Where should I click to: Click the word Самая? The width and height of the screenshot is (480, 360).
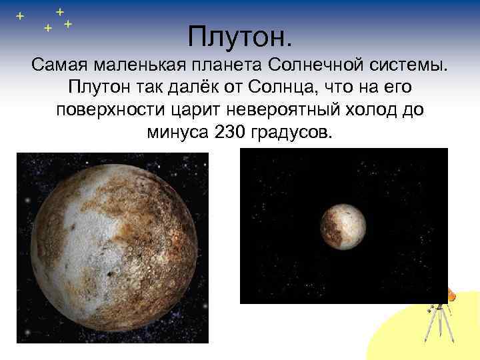tap(61, 67)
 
